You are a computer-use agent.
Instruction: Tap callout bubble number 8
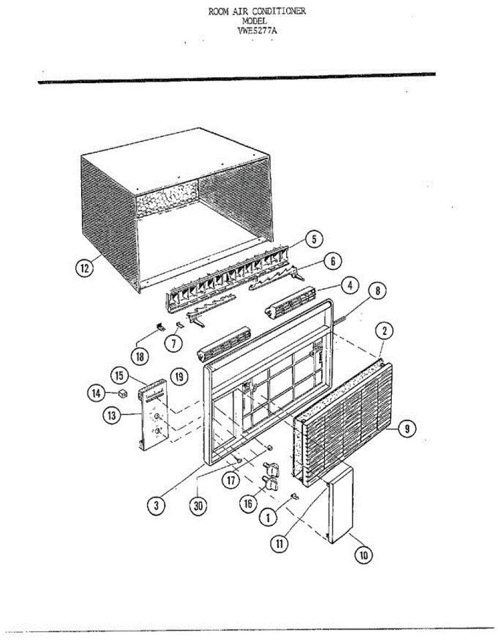point(377,291)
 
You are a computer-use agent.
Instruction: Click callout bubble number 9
point(408,428)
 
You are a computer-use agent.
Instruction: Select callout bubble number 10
point(364,555)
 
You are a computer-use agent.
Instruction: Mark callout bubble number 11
point(279,543)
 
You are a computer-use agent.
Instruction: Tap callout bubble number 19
point(179,377)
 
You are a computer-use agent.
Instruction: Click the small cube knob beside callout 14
point(122,394)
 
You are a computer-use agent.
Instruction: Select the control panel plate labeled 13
point(156,416)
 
